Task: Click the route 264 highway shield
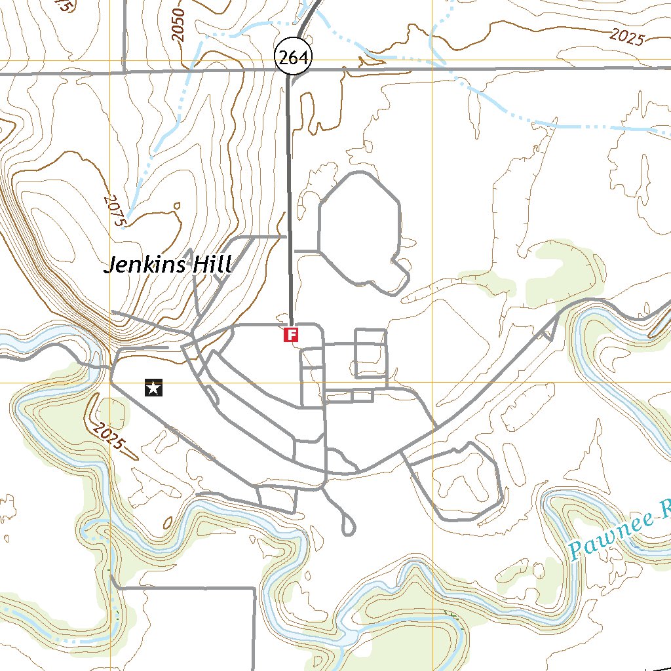(292, 58)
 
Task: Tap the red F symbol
(291, 335)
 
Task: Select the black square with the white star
(153, 389)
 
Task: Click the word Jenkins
(145, 265)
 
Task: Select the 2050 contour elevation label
(182, 26)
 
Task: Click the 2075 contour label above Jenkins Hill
(114, 210)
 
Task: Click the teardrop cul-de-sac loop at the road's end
(348, 524)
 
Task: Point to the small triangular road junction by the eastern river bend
(548, 332)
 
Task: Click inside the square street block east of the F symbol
(370, 354)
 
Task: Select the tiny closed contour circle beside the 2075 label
(177, 206)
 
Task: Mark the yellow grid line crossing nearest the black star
(110, 383)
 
